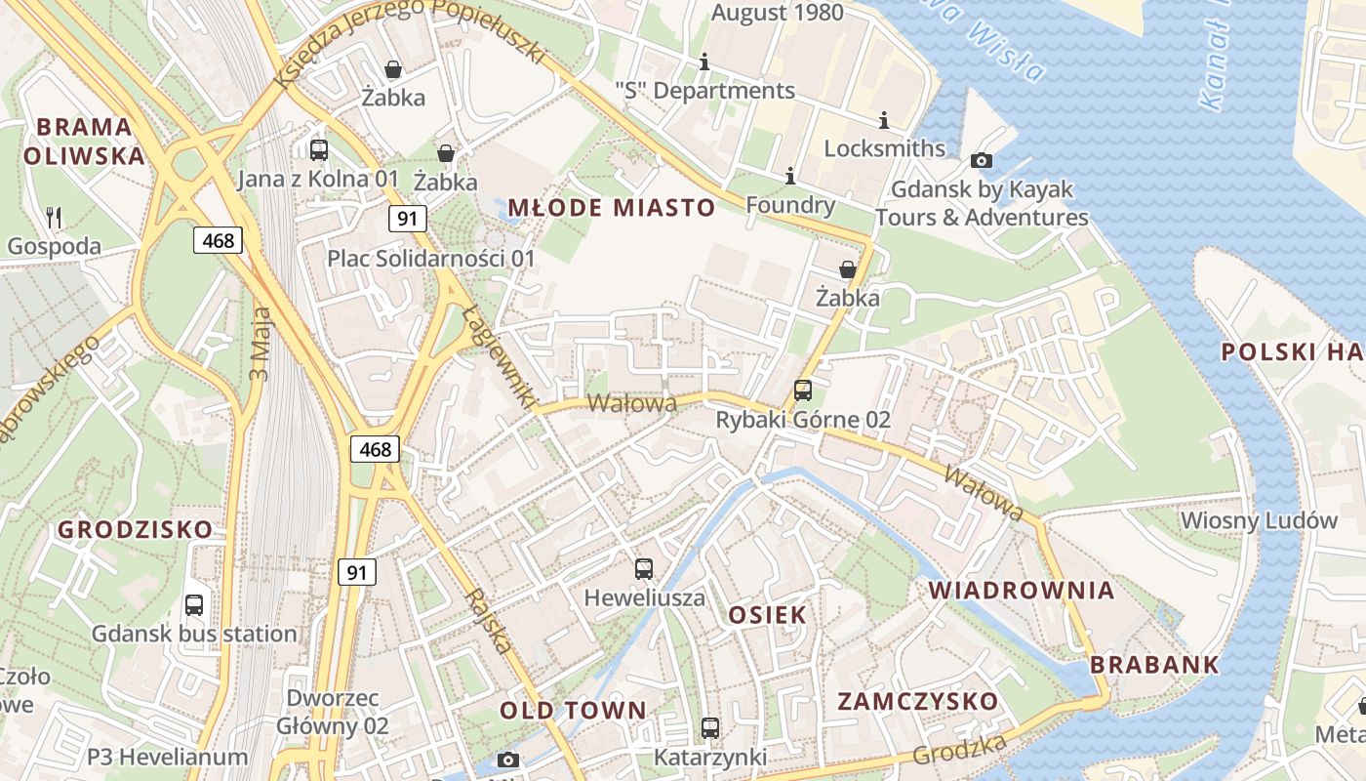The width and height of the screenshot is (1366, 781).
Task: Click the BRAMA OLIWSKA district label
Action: tap(84, 141)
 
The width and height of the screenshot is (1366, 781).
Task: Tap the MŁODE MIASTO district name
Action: tap(612, 208)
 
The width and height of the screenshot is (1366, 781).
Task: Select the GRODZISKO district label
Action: tap(135, 530)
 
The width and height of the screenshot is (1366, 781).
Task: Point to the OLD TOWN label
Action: tap(573, 711)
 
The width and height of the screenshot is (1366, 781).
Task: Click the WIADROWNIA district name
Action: tap(1021, 591)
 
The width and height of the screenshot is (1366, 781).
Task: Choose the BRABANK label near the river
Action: tap(1154, 665)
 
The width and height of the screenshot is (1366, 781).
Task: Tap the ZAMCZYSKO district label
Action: tap(918, 702)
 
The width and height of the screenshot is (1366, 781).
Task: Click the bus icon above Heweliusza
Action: tap(644, 569)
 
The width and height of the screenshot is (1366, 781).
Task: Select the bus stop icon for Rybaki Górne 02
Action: tap(803, 390)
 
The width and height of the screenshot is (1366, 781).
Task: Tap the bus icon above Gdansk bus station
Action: tap(194, 605)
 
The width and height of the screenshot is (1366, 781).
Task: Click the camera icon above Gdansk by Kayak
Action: tap(982, 160)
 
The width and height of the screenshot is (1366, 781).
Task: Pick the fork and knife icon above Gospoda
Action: tap(55, 217)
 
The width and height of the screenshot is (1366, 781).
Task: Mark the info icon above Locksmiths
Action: tap(884, 120)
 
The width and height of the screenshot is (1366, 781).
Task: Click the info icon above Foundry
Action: tap(790, 177)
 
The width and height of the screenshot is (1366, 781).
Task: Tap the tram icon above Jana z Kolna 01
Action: tap(319, 150)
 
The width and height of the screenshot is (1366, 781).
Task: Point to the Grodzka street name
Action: tap(960, 750)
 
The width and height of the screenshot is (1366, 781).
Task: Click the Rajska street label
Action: tap(488, 621)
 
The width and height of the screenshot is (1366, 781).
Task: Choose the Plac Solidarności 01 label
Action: tap(431, 259)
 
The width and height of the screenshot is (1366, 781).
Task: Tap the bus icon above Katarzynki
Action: tap(710, 728)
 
